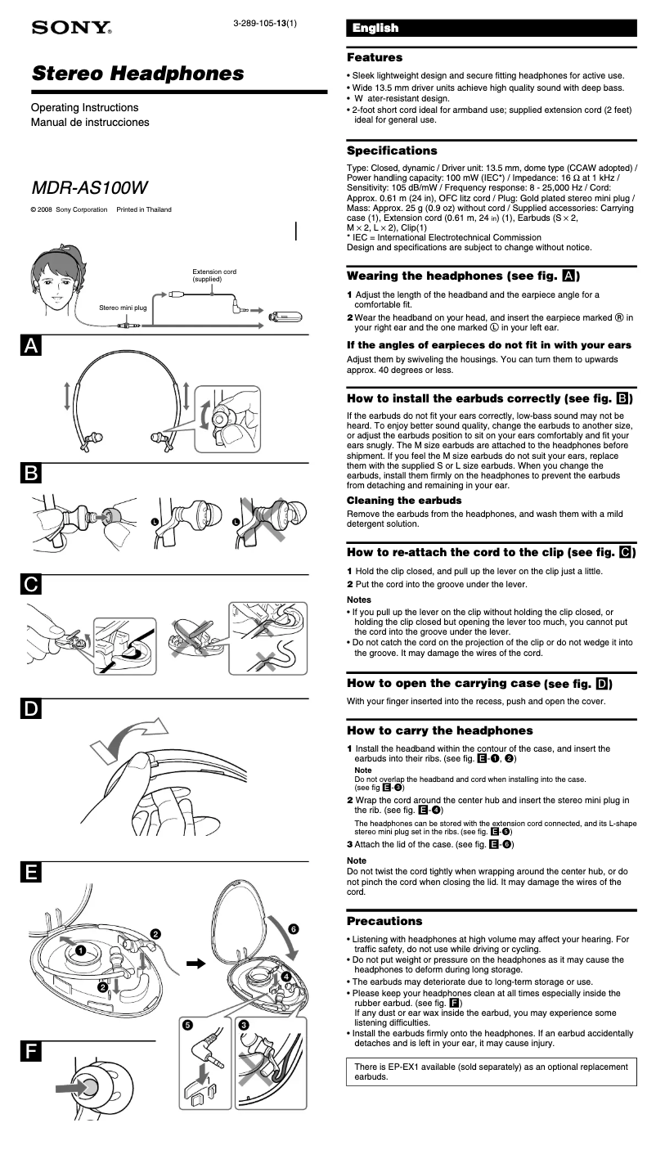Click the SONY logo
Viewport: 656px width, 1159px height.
(70, 29)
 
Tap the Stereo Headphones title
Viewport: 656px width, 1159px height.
(137, 74)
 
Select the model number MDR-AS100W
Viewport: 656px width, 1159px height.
(89, 187)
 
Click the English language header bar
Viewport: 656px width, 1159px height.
(491, 29)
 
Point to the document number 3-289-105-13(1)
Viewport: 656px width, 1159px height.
(264, 23)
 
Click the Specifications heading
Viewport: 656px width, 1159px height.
(392, 150)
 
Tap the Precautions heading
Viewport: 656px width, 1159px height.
(384, 921)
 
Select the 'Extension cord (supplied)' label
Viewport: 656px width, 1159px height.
(214, 276)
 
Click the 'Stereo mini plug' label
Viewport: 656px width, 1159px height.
(123, 308)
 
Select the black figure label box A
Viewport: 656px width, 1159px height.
(30, 346)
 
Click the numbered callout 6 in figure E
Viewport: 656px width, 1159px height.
(294, 928)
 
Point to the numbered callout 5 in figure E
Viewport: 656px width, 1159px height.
(188, 1024)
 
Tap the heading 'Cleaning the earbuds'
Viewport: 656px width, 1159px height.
(404, 500)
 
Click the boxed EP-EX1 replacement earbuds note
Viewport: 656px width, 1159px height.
(491, 1071)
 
